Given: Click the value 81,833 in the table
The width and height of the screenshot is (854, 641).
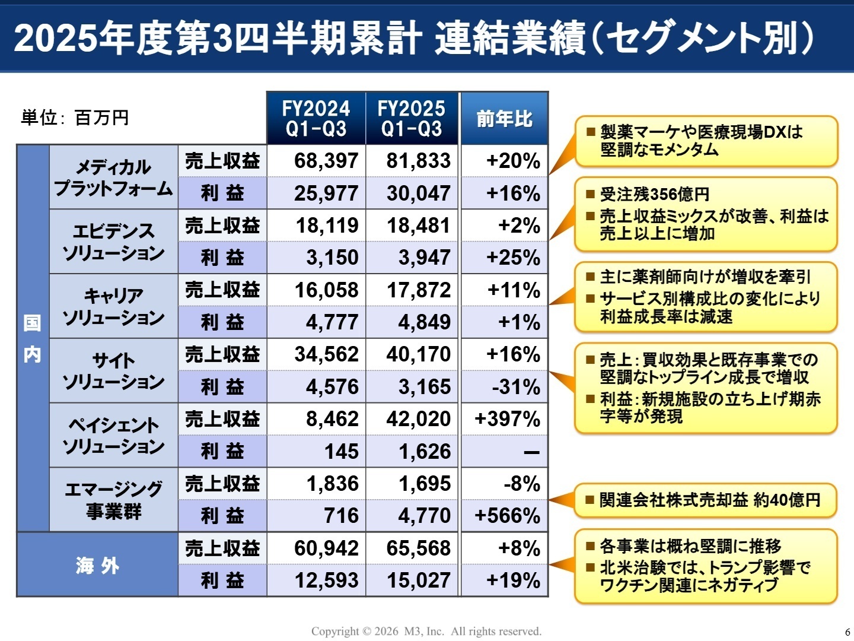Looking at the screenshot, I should coord(418,161).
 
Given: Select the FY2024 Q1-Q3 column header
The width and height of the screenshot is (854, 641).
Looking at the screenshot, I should coord(316,119).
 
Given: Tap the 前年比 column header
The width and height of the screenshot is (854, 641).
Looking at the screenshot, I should coord(504,119).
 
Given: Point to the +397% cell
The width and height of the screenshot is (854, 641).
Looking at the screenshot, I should coord(507,419).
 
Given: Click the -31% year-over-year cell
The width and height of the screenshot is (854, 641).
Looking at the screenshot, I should coord(515,387).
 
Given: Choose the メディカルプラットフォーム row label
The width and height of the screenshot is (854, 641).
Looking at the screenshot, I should coord(113,177).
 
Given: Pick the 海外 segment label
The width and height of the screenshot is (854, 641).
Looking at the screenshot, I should coord(98,565).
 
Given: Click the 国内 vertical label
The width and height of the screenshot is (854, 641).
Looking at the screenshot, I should coord(33,338).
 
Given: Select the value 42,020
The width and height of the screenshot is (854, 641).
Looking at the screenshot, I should coord(418,419).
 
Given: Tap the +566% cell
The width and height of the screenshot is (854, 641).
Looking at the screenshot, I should coord(507,516).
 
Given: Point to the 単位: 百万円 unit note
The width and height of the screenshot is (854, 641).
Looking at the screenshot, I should coord(75,118).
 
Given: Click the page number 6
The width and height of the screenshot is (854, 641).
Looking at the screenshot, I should coord(847,632).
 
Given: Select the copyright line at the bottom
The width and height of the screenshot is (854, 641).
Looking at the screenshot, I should coord(426,632).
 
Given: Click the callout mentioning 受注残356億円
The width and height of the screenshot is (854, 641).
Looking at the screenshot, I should coord(705,214).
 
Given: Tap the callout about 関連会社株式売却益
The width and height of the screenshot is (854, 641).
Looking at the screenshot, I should coord(705,500).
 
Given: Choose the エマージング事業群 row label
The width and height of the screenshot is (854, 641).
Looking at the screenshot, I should coord(113,500).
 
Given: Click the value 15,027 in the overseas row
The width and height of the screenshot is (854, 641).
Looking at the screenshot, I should coord(418,580).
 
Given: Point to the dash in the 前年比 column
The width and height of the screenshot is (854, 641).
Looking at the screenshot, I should coord(531,452).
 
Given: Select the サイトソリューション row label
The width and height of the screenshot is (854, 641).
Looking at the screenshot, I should coord(113,371).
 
